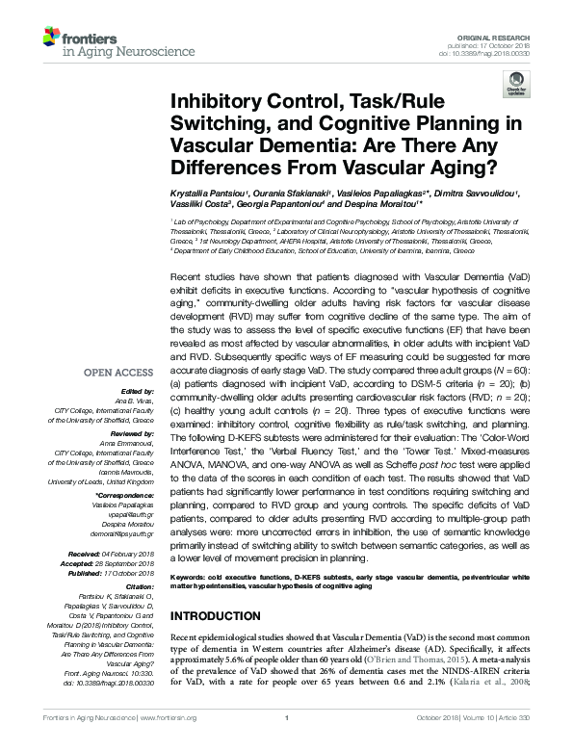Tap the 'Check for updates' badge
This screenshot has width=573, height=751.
coord(518,88)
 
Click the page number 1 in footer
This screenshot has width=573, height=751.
coord(286,744)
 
